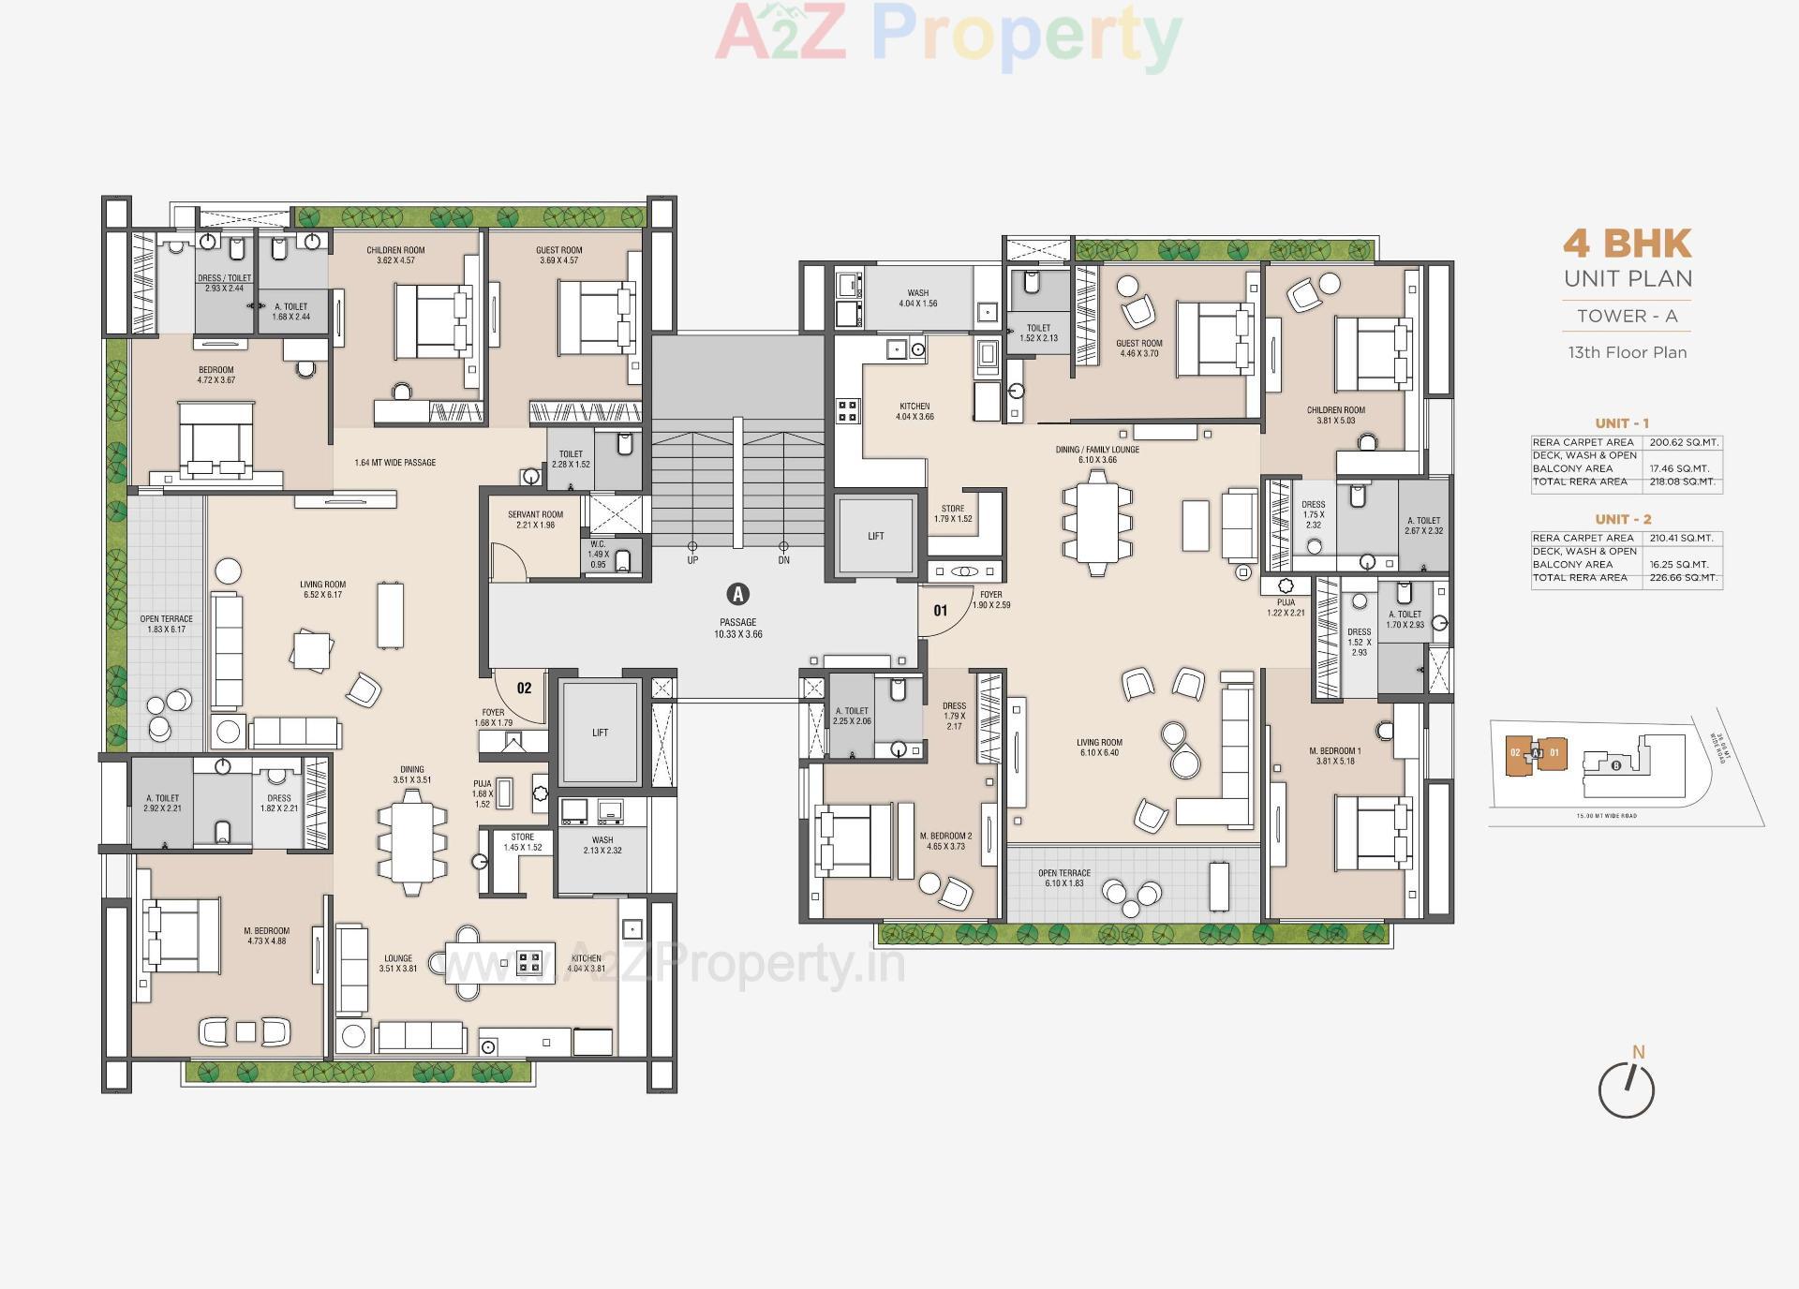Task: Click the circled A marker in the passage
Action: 738,594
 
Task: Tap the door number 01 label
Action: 941,611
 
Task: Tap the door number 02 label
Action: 524,688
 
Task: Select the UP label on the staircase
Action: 692,560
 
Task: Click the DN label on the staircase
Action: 783,560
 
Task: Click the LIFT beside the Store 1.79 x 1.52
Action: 875,536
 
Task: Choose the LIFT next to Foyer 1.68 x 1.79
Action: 600,733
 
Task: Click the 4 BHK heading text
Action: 1627,244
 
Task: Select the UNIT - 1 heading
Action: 1622,423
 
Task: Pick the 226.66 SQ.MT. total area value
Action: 1684,578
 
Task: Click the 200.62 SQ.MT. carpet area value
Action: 1684,442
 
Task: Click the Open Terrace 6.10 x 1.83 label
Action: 1063,878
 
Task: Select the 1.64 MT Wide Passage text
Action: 394,463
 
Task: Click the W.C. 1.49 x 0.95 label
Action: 598,554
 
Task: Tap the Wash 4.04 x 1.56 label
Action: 917,298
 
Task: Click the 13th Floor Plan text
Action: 1627,353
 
